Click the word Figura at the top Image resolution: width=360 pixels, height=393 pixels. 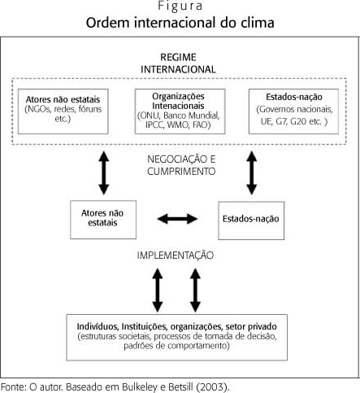coord(180,6)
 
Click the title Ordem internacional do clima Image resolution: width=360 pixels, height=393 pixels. coord(180,23)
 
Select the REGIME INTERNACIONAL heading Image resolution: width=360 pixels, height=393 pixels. coord(178,63)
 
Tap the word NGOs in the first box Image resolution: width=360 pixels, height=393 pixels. coord(37,109)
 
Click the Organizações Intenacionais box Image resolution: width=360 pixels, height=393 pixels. coord(180,111)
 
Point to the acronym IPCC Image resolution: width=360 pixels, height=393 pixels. coord(154,124)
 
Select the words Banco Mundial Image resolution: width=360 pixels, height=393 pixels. coord(191,116)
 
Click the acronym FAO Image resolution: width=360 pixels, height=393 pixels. coord(202,124)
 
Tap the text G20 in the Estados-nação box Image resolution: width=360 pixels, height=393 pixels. coord(299,121)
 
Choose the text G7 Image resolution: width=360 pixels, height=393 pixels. coord(281,121)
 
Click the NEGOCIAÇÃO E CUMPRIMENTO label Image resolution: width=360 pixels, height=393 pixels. coord(181,165)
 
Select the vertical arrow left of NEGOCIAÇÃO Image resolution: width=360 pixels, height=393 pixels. coord(103,173)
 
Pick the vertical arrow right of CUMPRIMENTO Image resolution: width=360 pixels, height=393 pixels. coord(252,173)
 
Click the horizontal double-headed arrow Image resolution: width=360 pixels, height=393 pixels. coord(177,219)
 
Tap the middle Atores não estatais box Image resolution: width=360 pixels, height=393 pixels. coord(103,220)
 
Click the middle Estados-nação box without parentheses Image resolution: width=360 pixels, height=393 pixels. coord(251,221)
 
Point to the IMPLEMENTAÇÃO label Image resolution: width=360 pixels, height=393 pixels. coord(176,255)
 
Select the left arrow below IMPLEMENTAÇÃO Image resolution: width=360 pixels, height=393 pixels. coord(158,290)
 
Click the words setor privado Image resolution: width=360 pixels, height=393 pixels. coord(251,326)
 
